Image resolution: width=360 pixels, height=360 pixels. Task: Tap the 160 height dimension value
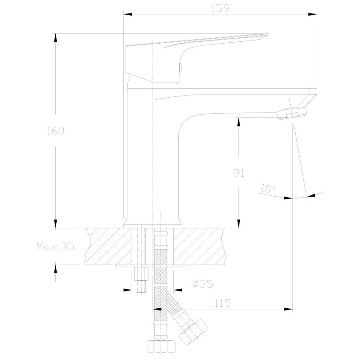(x=56, y=131)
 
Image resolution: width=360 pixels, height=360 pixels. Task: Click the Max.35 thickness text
(x=55, y=247)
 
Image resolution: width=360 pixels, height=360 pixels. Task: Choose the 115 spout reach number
(x=222, y=303)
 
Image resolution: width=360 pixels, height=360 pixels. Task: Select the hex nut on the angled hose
(x=193, y=331)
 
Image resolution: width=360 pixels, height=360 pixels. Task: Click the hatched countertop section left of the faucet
(x=108, y=247)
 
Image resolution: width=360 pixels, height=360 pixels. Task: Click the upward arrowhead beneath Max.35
(x=56, y=269)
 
